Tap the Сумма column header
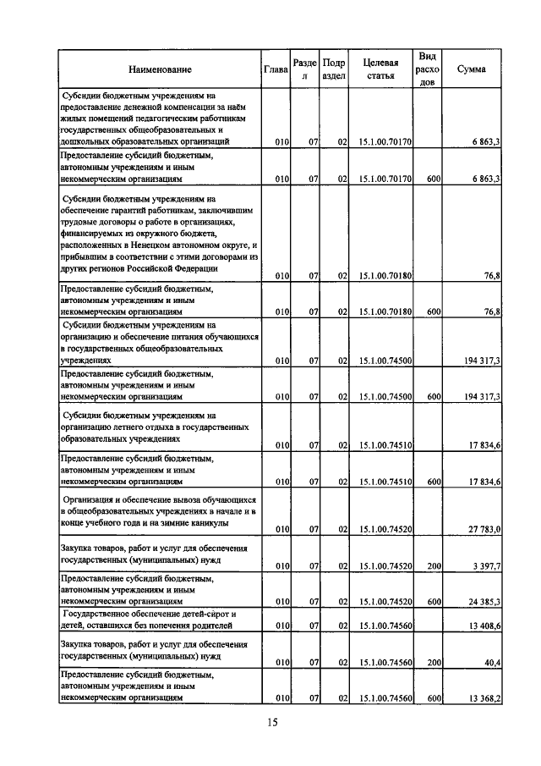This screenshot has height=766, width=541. coord(470,69)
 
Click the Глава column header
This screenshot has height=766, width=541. coord(276,69)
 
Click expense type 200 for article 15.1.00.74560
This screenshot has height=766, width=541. coord(434,664)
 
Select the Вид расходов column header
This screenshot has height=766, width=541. coord(428,69)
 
